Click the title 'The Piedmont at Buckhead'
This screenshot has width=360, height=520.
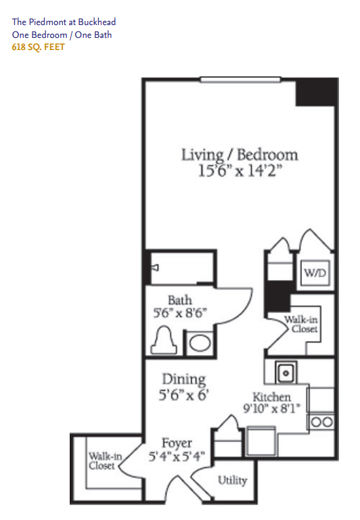tap(64, 22)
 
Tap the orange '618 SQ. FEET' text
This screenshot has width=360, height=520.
tap(38, 47)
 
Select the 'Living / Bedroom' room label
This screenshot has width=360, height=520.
tap(240, 155)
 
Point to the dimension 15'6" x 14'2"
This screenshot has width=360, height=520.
tap(240, 171)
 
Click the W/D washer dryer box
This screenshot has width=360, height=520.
tap(315, 273)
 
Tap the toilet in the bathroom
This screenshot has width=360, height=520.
tap(164, 340)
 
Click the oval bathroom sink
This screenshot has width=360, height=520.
tap(200, 343)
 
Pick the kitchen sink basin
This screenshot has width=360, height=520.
tap(286, 373)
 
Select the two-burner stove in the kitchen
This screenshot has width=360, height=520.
tap(322, 422)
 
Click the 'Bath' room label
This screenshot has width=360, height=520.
tap(180, 300)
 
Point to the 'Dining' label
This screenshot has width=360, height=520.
tap(184, 380)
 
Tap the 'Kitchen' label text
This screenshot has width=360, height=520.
tap(272, 397)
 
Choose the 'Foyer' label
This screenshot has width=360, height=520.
tap(177, 443)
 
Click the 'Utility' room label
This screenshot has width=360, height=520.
tap(233, 480)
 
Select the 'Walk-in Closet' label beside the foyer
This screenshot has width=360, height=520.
tap(105, 461)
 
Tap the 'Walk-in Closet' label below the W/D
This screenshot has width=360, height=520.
tap(301, 325)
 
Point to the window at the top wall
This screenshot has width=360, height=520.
tap(240, 80)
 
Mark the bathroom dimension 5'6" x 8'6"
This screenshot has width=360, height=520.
tap(180, 312)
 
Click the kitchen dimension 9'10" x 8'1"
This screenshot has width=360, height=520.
tap(272, 408)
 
